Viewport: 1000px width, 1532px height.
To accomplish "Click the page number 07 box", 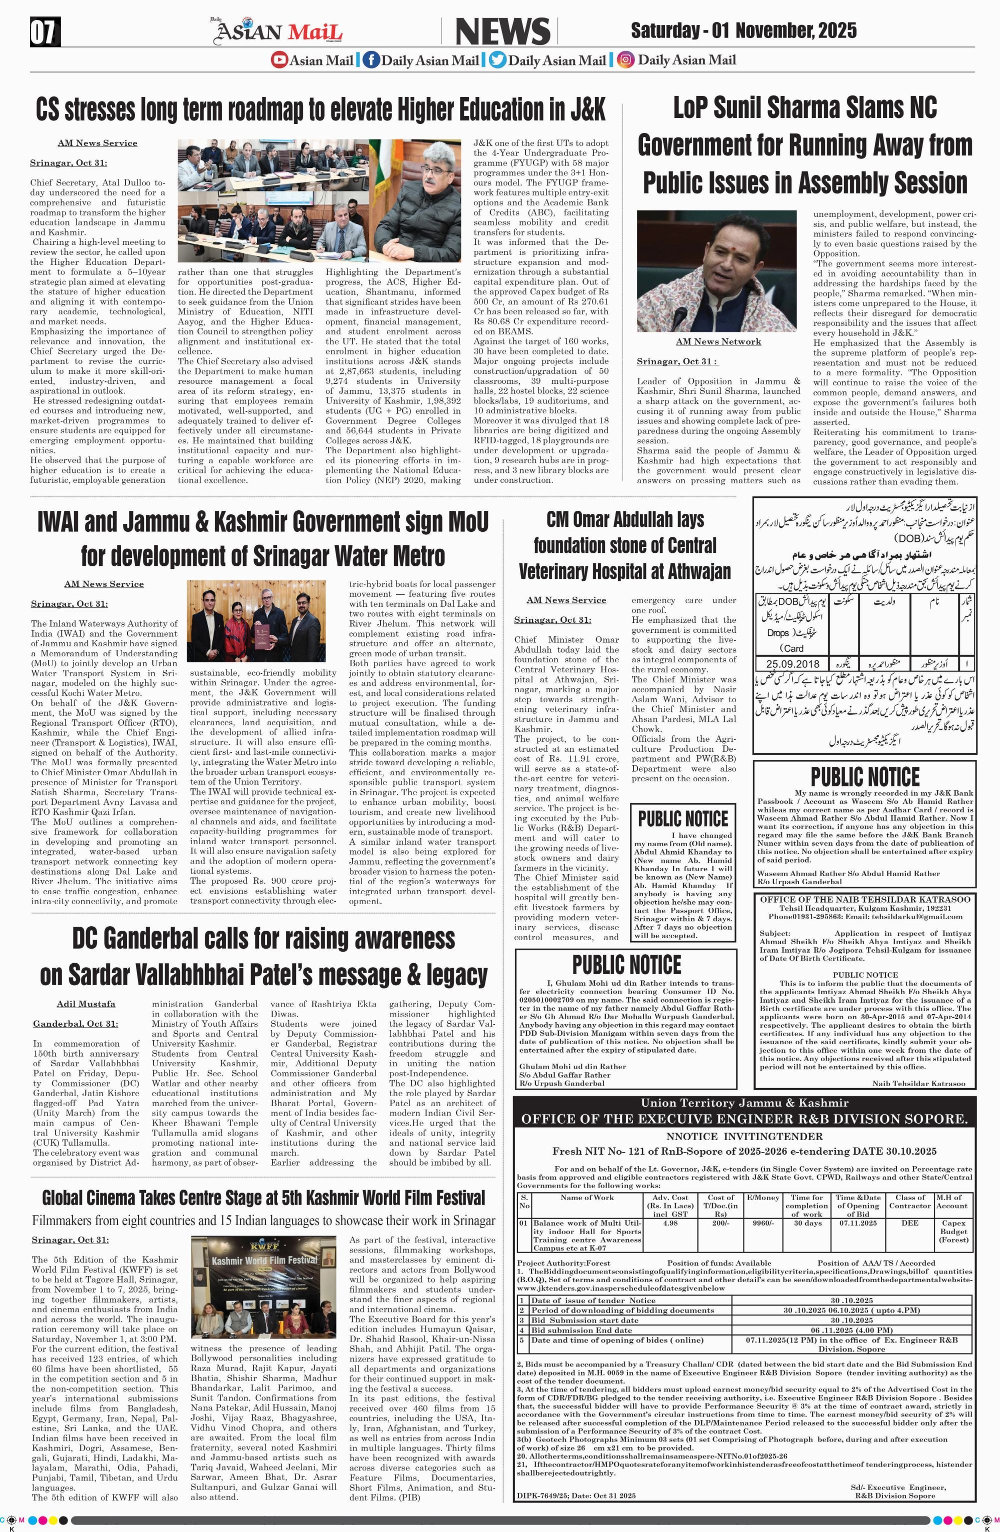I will pos(44,31).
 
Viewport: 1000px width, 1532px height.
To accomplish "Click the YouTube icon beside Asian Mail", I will pos(279,60).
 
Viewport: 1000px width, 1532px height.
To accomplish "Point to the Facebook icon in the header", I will pos(371,60).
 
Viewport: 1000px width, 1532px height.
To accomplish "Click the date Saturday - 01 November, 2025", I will pos(743,29).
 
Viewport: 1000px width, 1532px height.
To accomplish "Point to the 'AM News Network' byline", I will pos(718,342).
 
